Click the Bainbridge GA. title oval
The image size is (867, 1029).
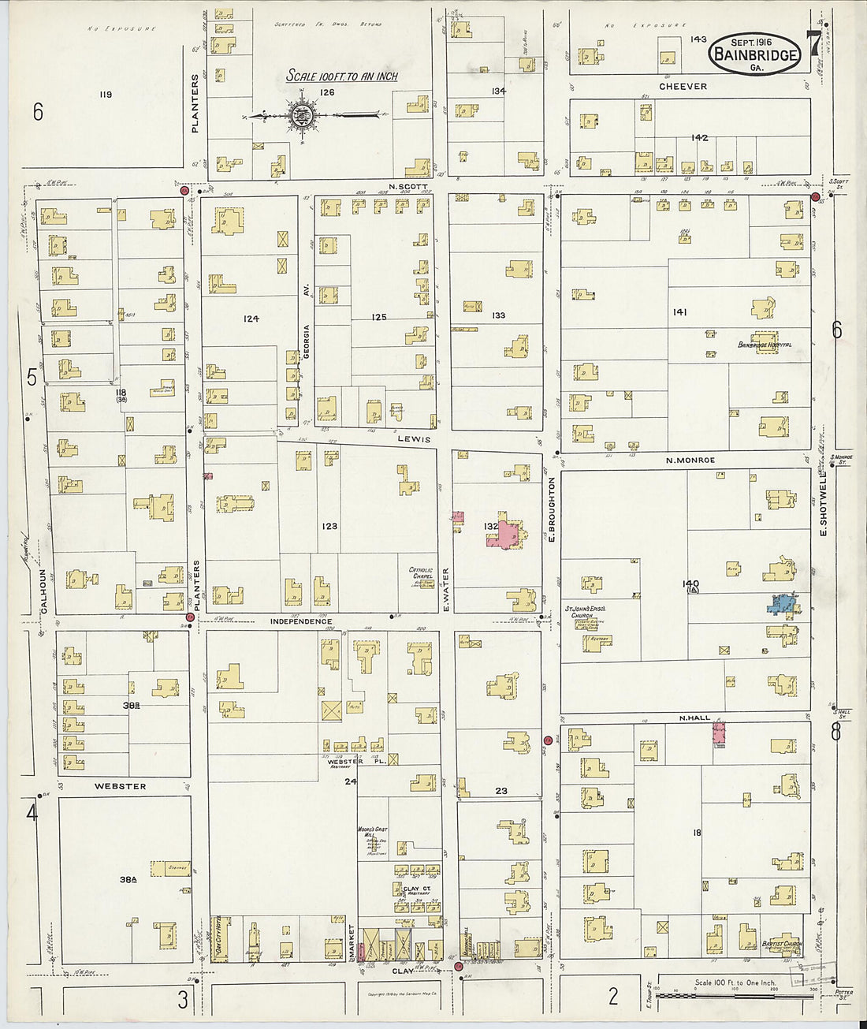[754, 53]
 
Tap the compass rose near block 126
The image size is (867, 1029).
[303, 116]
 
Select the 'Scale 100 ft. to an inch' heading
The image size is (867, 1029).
[341, 76]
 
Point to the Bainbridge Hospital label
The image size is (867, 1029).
[765, 345]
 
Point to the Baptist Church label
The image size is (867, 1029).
[781, 944]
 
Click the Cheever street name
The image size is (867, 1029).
[683, 86]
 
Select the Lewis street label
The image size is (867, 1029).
[415, 438]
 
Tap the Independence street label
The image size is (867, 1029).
[301, 622]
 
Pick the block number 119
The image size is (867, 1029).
[106, 95]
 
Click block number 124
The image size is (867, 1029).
[251, 319]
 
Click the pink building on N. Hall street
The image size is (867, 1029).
[719, 733]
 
